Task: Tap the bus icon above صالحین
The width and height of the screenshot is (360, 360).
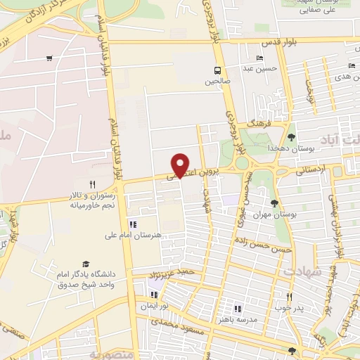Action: [217, 70]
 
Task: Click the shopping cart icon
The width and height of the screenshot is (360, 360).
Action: [49, 58]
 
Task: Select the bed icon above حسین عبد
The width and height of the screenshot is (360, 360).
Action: [260, 58]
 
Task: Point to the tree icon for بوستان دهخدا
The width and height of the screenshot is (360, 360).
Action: [291, 137]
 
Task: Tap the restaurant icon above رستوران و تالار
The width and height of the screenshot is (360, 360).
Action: [92, 184]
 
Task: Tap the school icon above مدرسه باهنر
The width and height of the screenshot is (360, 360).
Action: [237, 308]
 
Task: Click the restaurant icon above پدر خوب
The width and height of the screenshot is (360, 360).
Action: [289, 296]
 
